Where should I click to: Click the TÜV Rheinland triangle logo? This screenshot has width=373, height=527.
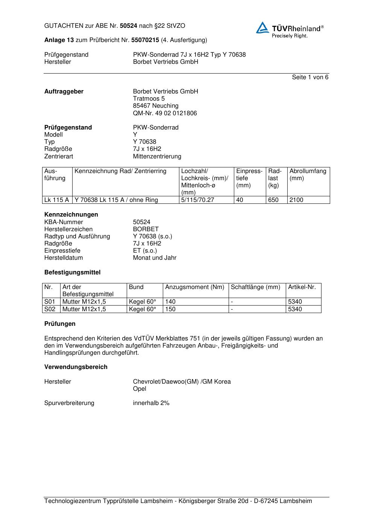click(262, 28)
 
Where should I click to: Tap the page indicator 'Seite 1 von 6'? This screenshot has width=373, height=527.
click(310, 77)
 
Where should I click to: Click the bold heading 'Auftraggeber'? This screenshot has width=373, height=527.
click(64, 92)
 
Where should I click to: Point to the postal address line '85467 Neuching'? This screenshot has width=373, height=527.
click(156, 106)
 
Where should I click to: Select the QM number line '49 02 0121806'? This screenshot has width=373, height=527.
click(165, 113)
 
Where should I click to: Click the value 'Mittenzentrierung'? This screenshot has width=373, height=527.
click(157, 157)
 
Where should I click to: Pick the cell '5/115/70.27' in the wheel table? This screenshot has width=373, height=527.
click(197, 200)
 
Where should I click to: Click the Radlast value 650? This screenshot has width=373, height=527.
click(273, 200)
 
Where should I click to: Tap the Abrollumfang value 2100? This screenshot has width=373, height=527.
click(296, 200)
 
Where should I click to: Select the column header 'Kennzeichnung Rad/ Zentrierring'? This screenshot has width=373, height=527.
click(120, 172)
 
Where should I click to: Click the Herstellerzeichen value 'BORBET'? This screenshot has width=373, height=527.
click(146, 229)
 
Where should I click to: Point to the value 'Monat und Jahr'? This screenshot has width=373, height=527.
click(155, 258)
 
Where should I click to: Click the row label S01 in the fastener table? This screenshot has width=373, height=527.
click(50, 302)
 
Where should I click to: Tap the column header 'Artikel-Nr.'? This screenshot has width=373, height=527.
click(302, 287)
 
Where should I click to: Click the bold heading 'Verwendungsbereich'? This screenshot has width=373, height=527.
click(76, 367)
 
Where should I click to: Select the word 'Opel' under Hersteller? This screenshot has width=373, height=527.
click(139, 389)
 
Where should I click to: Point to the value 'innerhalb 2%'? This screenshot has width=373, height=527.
click(151, 403)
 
